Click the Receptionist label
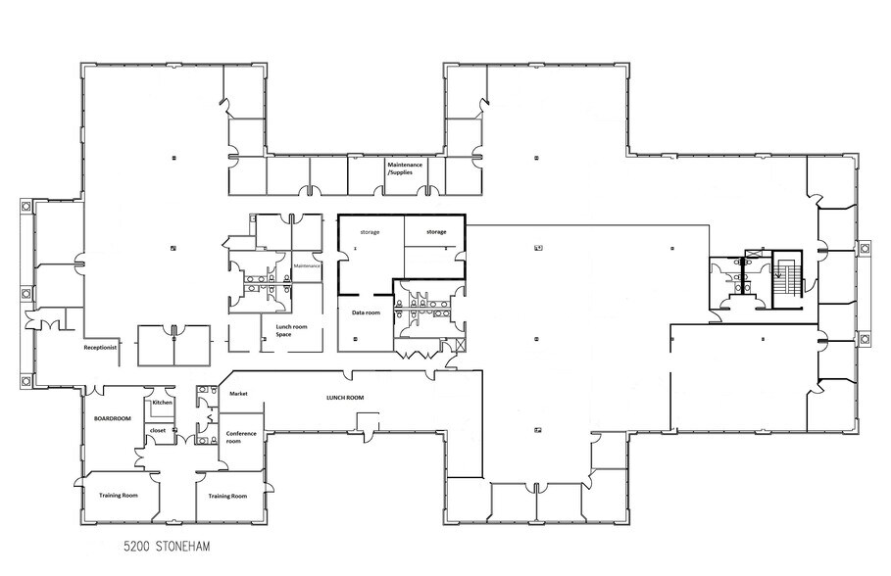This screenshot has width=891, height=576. click(x=102, y=347)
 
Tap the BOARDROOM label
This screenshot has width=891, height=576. click(x=113, y=418)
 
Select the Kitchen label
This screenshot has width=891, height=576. click(x=162, y=403)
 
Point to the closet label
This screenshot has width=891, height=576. click(x=158, y=429)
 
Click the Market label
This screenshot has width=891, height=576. click(x=237, y=394)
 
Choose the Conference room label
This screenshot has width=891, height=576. click(x=240, y=436)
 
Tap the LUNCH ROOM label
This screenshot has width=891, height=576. click(x=344, y=398)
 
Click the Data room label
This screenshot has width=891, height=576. click(x=366, y=312)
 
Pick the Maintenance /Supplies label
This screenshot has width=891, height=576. click(x=405, y=168)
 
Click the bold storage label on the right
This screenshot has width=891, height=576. click(x=435, y=231)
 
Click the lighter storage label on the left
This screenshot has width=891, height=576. click(x=370, y=232)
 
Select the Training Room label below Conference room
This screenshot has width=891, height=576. click(x=227, y=496)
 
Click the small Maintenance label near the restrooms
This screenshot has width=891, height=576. click(x=307, y=265)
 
